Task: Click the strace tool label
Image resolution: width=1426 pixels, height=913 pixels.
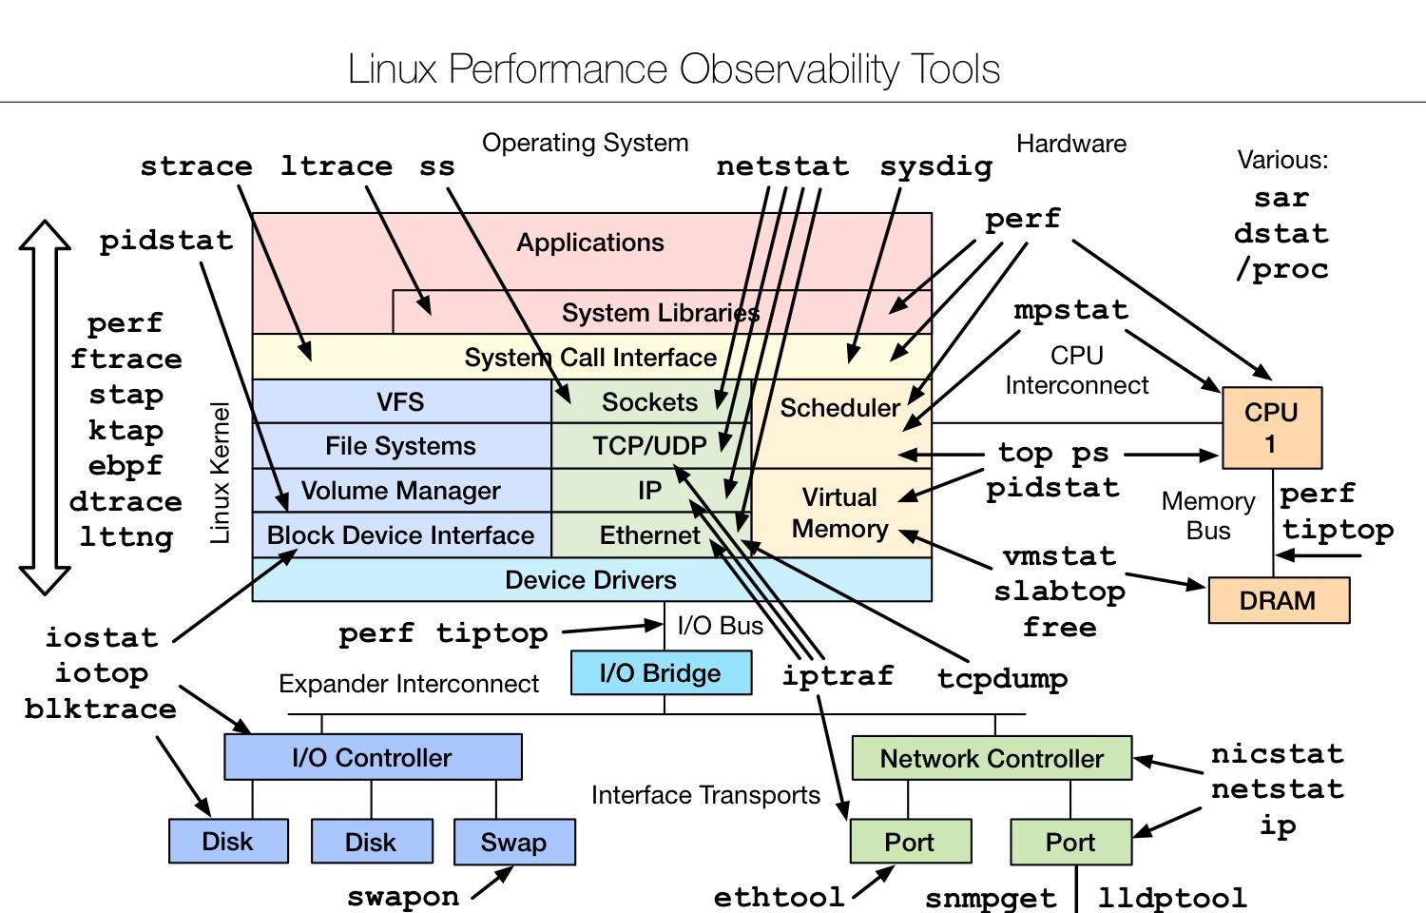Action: click(x=196, y=166)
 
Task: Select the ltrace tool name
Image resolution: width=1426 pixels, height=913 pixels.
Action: click(x=337, y=166)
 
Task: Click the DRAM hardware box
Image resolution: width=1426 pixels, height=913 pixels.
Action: click(x=1279, y=600)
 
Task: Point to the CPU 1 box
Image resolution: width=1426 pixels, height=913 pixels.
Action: click(x=1272, y=428)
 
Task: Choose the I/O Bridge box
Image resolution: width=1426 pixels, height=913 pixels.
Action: click(x=661, y=673)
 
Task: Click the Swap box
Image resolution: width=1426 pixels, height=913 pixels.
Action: click(x=514, y=842)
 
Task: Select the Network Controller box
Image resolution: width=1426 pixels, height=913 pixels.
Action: click(x=992, y=758)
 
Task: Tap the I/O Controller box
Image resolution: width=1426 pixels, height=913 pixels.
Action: click(x=373, y=757)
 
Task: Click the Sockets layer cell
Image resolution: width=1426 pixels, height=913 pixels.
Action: click(x=650, y=401)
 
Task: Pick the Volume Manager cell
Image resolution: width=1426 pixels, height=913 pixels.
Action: click(x=402, y=490)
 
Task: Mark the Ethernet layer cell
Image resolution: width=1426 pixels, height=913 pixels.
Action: click(x=650, y=534)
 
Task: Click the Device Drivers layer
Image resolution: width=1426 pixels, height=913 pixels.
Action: click(x=591, y=579)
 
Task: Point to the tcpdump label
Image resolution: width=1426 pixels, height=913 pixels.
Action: click(x=1002, y=679)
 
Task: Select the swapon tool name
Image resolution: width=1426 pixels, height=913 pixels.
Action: click(x=403, y=897)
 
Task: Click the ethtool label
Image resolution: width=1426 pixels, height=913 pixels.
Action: click(x=780, y=898)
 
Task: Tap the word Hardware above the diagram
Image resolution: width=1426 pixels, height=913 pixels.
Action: click(x=1071, y=144)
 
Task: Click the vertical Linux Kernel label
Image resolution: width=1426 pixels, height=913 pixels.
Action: click(x=220, y=473)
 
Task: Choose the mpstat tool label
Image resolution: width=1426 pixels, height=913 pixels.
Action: click(x=1070, y=311)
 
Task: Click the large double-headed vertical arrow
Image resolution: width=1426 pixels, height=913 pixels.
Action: click(x=45, y=407)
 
